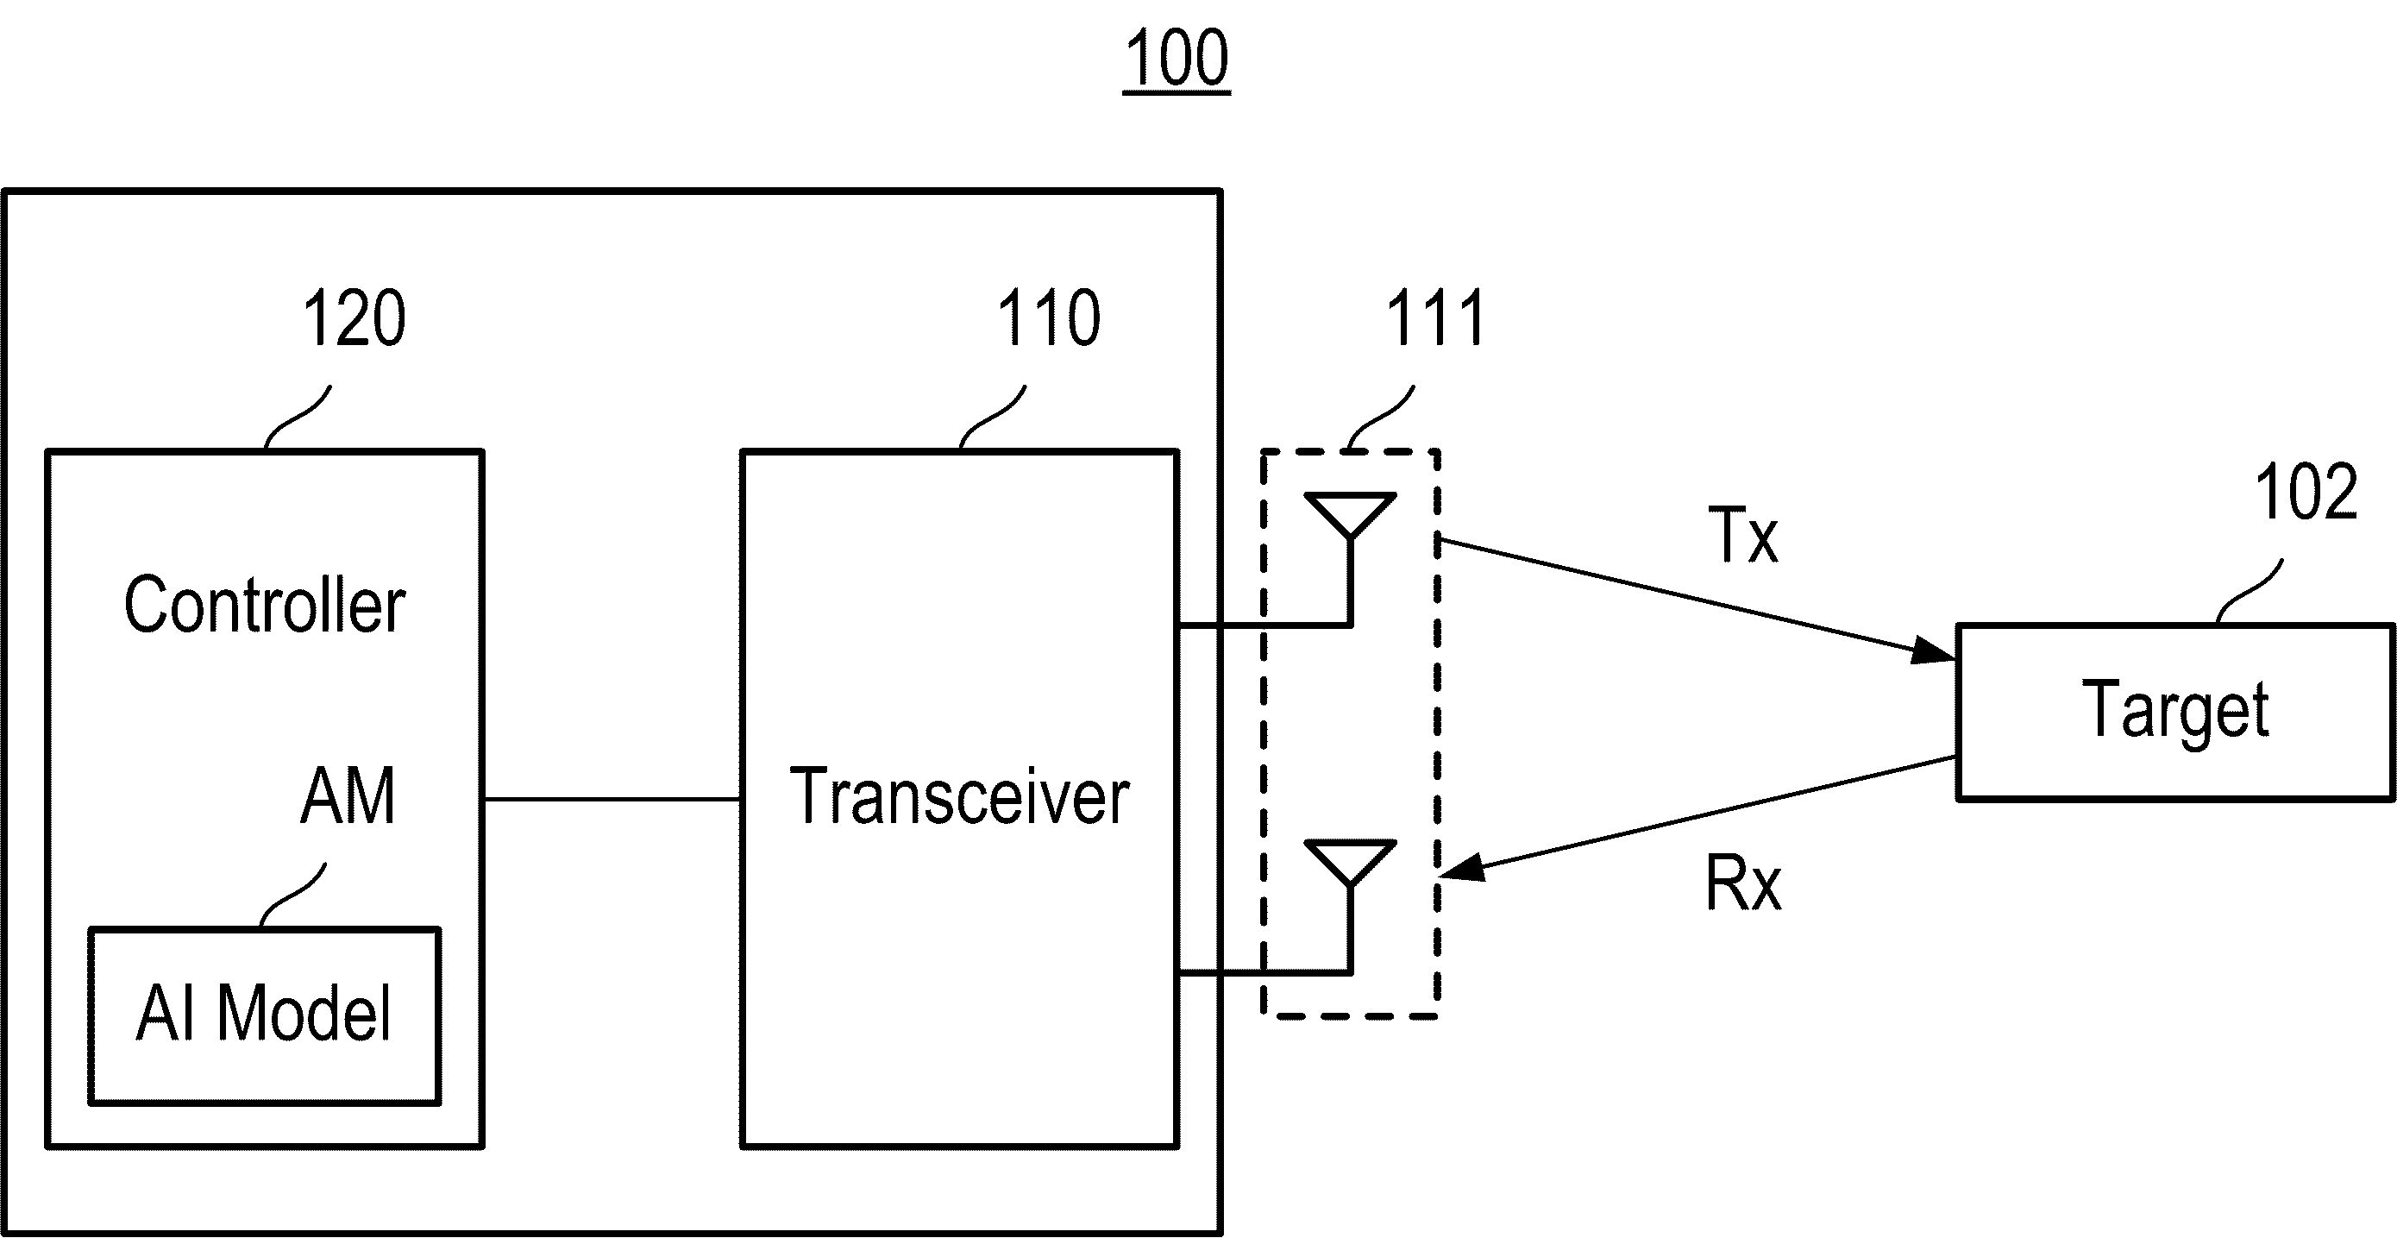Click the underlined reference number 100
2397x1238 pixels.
coord(1177,59)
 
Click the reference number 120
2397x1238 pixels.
coord(355,318)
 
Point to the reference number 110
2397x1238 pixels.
coord(1049,318)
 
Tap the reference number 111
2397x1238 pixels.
coord(1435,318)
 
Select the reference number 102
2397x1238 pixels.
coord(2306,492)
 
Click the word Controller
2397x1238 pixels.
coord(265,605)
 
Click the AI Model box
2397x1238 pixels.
coord(265,1015)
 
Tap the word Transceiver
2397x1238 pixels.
coord(959,797)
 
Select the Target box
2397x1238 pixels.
coord(2175,712)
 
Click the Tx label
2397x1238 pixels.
coord(1743,535)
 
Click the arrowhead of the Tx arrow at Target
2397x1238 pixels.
coord(1934,650)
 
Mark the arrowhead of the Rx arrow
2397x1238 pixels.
coord(1462,869)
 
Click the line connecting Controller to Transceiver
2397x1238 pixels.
coord(612,799)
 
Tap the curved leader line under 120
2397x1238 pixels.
coord(298,417)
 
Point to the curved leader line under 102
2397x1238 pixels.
coord(2250,591)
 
